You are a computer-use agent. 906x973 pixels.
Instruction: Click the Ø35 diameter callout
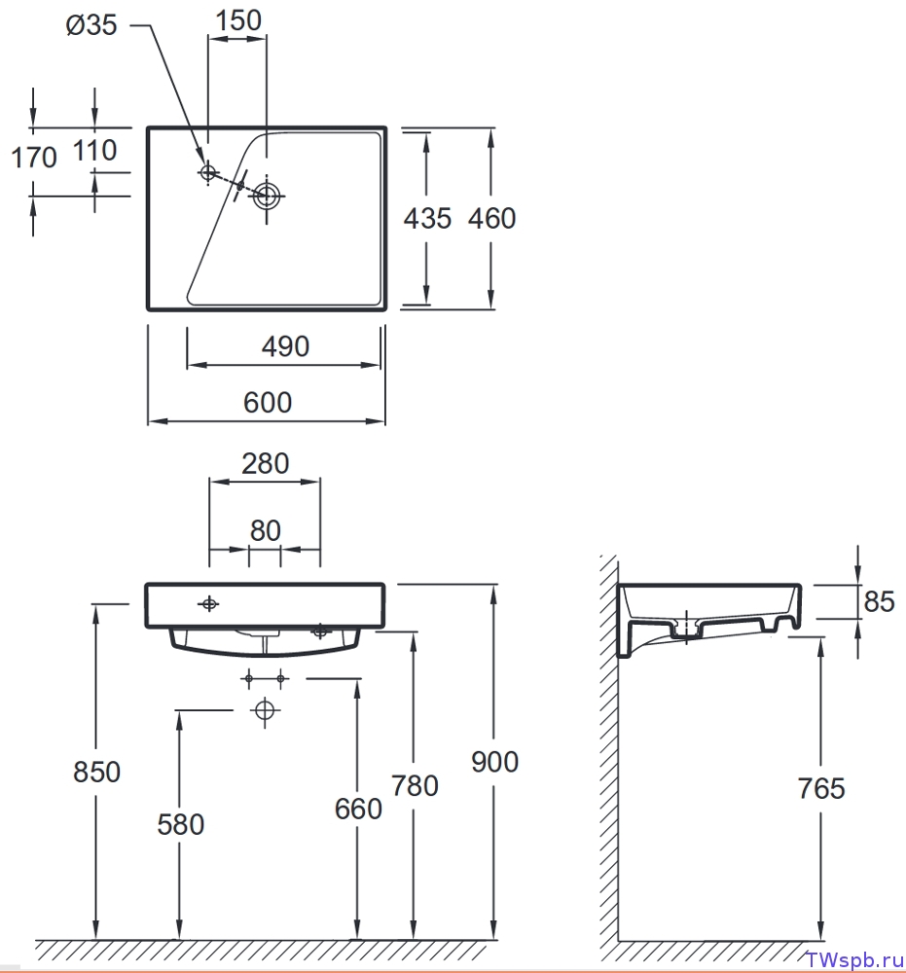pyautogui.click(x=91, y=25)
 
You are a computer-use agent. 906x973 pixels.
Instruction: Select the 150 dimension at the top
pyautogui.click(x=238, y=20)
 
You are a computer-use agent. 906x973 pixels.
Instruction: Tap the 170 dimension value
pyautogui.click(x=34, y=157)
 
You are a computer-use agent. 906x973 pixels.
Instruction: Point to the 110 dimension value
pyautogui.click(x=95, y=150)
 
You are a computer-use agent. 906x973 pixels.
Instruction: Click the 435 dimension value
pyautogui.click(x=427, y=218)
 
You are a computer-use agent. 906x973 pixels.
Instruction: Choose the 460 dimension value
pyautogui.click(x=491, y=218)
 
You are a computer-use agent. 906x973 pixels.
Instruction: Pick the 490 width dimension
pyautogui.click(x=285, y=346)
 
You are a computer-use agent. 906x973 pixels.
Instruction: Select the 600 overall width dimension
pyautogui.click(x=268, y=403)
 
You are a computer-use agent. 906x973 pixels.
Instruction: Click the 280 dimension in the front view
pyautogui.click(x=266, y=464)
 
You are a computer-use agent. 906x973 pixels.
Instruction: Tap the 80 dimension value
pyautogui.click(x=266, y=531)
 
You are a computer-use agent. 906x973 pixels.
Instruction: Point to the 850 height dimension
pyautogui.click(x=96, y=773)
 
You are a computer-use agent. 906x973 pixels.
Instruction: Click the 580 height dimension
pyautogui.click(x=181, y=825)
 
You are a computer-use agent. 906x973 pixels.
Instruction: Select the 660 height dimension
pyautogui.click(x=358, y=810)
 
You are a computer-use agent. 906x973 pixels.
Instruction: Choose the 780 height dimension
pyautogui.click(x=415, y=786)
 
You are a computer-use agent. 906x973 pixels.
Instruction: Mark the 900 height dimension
pyautogui.click(x=494, y=762)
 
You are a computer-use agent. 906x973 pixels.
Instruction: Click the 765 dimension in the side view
pyautogui.click(x=821, y=789)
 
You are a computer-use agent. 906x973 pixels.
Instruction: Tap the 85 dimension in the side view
pyautogui.click(x=879, y=602)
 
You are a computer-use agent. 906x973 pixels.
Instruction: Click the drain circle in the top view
pyautogui.click(x=267, y=197)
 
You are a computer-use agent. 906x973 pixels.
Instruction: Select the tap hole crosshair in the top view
pyautogui.click(x=208, y=172)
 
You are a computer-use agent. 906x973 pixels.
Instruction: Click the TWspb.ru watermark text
pyautogui.click(x=854, y=959)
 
